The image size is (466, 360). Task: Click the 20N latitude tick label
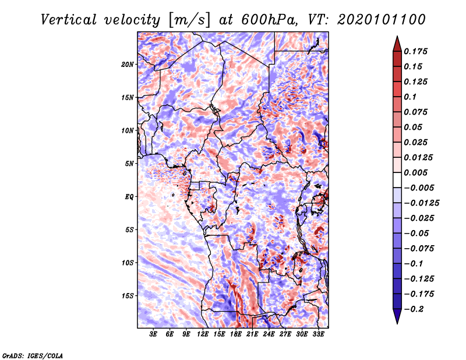(x=128, y=64)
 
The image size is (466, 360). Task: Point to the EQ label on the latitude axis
(x=129, y=197)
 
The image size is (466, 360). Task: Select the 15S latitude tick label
(x=128, y=296)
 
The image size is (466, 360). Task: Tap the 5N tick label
(x=129, y=164)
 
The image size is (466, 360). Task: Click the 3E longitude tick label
(x=154, y=334)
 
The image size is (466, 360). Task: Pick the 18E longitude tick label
(x=236, y=334)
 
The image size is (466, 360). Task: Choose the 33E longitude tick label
(x=318, y=334)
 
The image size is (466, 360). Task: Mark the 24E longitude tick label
(x=269, y=334)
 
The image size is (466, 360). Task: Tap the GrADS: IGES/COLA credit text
(x=32, y=354)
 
